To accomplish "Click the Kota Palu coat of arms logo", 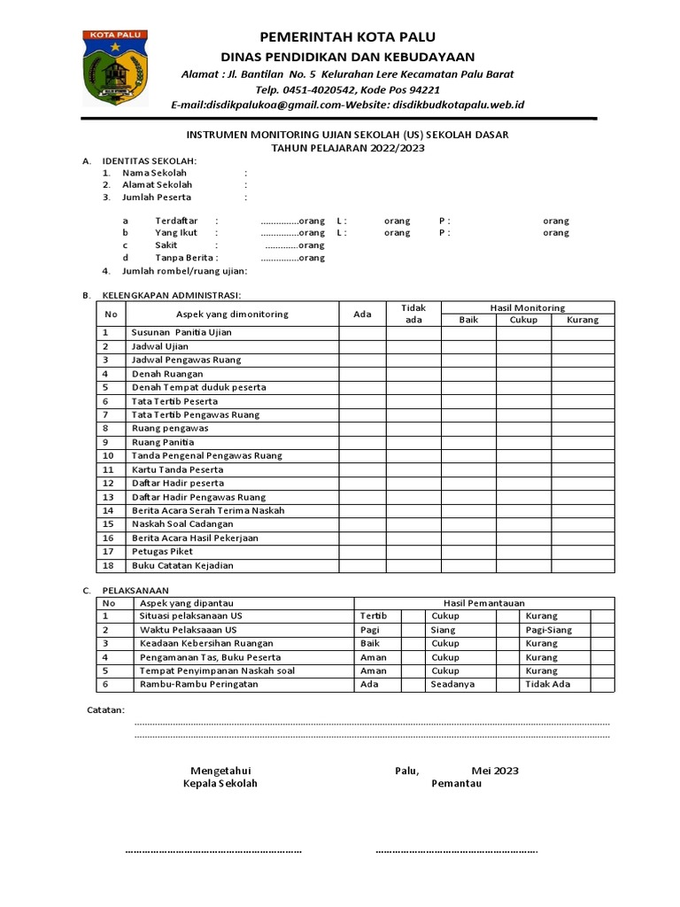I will (x=115, y=68).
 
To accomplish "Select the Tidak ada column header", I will (x=413, y=314).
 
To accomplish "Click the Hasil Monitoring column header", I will (x=528, y=307).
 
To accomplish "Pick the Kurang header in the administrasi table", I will (x=583, y=320).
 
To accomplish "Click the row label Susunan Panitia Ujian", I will (x=182, y=332).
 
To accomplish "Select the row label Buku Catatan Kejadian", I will (x=182, y=565).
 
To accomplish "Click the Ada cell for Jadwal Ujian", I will (x=362, y=346).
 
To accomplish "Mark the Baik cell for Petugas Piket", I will (x=468, y=551).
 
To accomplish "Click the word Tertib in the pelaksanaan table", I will (x=375, y=616).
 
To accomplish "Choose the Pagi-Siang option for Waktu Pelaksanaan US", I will (x=548, y=630).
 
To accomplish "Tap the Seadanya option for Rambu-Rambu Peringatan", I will (x=452, y=685).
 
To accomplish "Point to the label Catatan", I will (x=104, y=710).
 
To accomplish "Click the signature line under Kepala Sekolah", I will (x=213, y=851).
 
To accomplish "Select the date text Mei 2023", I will (x=495, y=771).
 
